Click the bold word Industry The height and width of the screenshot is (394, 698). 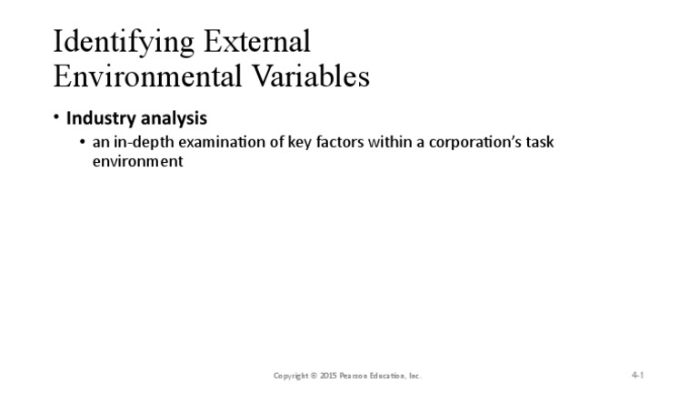click(100, 118)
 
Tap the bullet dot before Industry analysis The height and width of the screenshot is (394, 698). click(56, 118)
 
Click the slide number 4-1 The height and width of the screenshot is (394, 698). click(637, 375)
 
